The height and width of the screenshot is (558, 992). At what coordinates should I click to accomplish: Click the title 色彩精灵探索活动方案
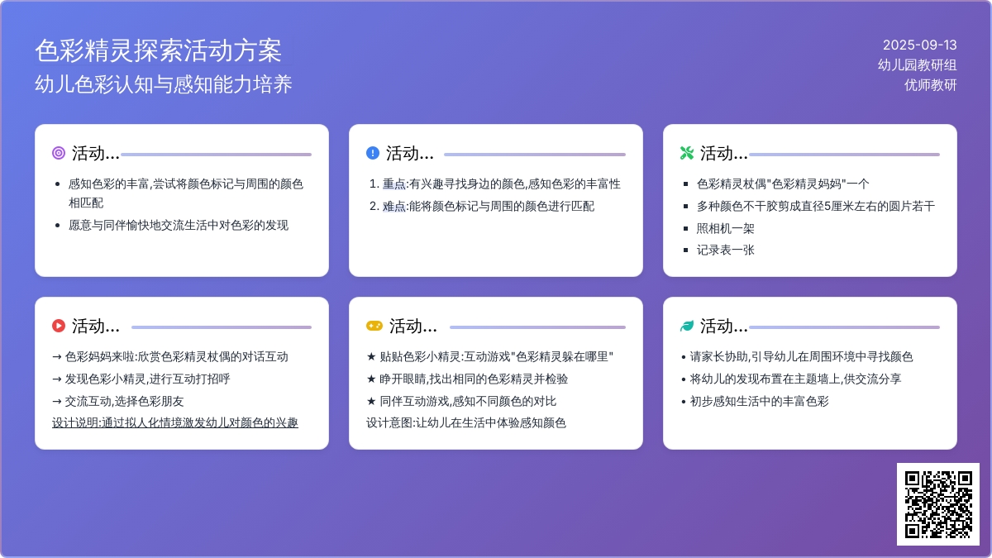pos(158,50)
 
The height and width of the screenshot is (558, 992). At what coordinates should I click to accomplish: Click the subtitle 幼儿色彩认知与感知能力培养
pos(164,84)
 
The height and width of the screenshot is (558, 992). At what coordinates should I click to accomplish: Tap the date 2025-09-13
pos(920,45)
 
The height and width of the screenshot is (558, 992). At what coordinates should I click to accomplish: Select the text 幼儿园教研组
pos(917,65)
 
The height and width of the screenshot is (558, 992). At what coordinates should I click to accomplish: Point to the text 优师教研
pos(931,84)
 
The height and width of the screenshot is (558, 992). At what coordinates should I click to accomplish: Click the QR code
pos(938,504)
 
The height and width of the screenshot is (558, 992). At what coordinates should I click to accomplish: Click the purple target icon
pos(59,153)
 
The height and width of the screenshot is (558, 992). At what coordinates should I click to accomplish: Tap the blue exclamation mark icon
pos(373,153)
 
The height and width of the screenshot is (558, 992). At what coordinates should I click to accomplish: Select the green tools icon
pos(687,153)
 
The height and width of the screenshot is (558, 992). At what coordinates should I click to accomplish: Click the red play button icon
pos(59,326)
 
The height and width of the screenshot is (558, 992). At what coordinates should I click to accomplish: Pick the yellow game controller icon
pos(374,326)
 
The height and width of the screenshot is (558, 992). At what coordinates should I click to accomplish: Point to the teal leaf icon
pos(687,326)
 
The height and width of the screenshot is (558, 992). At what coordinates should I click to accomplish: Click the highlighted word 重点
pos(394,184)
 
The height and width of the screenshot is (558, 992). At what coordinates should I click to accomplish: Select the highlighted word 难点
pos(394,207)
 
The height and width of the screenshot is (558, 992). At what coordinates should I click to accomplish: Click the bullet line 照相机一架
pos(726,228)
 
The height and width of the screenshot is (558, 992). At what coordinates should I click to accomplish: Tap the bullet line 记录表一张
pos(726,250)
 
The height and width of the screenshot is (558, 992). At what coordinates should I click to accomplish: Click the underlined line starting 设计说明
pos(175,423)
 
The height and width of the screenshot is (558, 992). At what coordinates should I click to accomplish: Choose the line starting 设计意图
pos(466,423)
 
